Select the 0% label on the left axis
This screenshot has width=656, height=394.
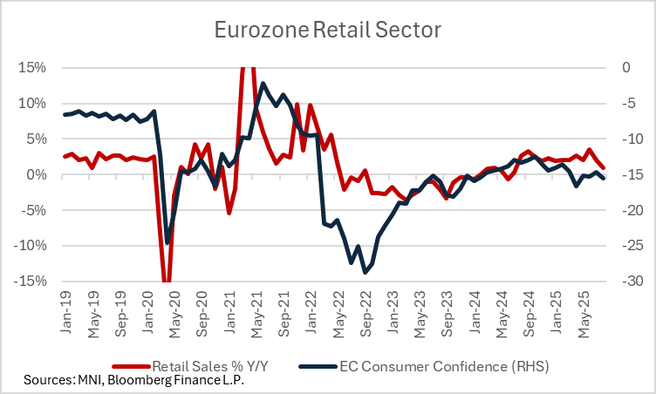(x=38, y=174)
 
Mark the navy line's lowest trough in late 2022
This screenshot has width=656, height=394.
(x=365, y=273)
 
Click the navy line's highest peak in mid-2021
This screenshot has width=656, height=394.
(x=263, y=84)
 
